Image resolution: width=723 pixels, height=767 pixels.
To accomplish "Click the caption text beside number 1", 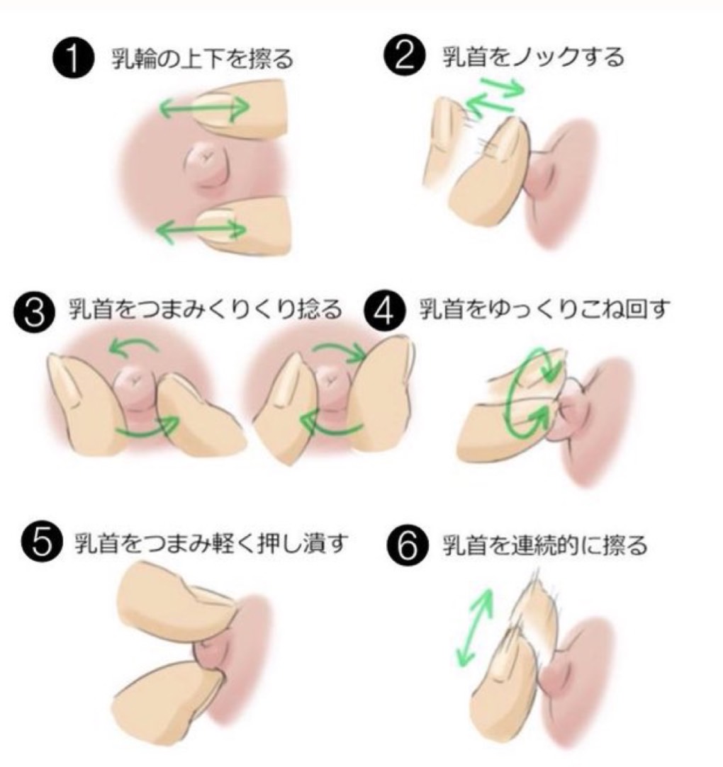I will (201, 59).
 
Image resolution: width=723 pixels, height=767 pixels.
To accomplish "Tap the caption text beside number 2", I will (532, 56).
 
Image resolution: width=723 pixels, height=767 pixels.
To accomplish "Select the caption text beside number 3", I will (205, 311).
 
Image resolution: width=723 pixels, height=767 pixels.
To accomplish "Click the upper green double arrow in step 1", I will (203, 108).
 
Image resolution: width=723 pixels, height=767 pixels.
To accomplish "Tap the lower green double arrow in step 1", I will (201, 230).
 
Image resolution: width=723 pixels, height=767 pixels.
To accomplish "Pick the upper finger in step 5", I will (174, 598).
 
